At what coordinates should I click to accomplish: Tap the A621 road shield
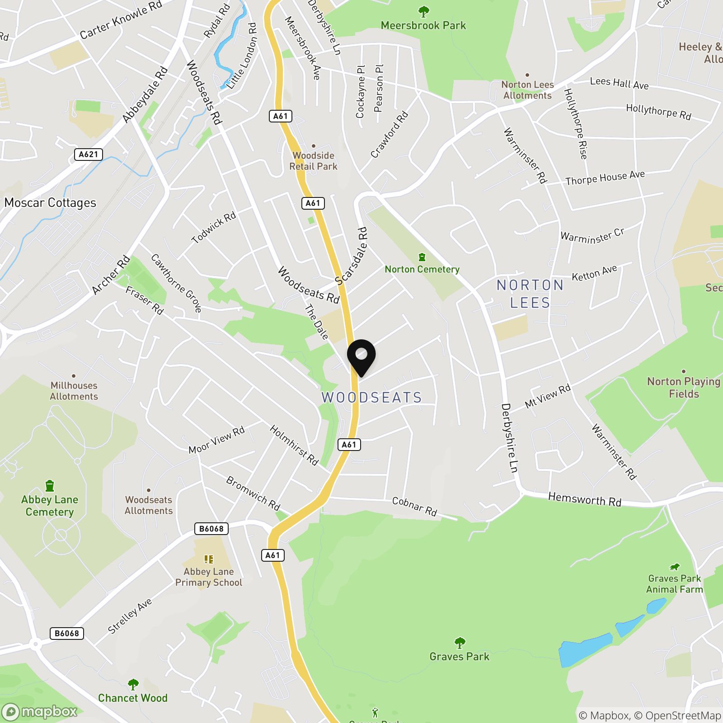[88, 155]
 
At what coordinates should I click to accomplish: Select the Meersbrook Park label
[423, 25]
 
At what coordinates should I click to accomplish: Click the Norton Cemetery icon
[422, 257]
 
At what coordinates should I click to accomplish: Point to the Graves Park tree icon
[460, 642]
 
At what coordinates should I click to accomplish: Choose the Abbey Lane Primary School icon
[208, 559]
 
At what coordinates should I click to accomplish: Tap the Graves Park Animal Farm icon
[674, 567]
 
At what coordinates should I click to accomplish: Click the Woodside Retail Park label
[313, 161]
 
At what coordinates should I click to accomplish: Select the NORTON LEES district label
[530, 294]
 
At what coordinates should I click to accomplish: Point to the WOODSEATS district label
[371, 398]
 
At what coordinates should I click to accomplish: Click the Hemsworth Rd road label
[584, 499]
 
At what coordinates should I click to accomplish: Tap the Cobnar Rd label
[414, 506]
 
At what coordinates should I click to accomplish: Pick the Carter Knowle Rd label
[121, 20]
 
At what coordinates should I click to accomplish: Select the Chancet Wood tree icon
[133, 685]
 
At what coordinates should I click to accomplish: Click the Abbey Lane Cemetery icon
[50, 486]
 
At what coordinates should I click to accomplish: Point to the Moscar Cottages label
[50, 203]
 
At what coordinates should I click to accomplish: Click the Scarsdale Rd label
[352, 256]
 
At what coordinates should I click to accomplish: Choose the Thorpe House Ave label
[605, 178]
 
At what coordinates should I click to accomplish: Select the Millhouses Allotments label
[74, 391]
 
